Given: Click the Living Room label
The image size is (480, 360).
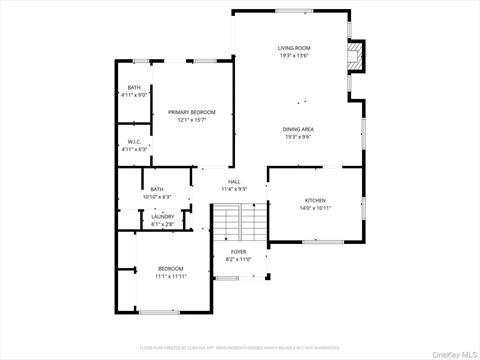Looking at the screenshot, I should point(294,48).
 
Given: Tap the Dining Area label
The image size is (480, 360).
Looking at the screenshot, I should point(299,129).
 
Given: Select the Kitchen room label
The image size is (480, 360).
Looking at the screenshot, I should point(315,201).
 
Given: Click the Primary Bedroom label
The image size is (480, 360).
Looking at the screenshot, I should point(192,112).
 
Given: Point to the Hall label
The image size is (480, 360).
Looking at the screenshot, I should point(234,181).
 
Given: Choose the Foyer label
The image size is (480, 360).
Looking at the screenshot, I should point(238,251).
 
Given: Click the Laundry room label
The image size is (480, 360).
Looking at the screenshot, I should point(162,216).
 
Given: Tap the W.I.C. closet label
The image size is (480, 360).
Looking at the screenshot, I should point(134,142).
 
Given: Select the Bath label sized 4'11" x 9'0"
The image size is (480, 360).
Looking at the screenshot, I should point(134,88).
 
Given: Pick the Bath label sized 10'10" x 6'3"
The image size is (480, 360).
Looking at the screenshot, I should point(157,189).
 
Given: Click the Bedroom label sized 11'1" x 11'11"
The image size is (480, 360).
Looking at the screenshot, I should point(170,268).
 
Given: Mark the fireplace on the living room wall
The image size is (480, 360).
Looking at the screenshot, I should point(353,56).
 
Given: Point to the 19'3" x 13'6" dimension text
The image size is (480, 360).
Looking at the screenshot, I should point(294,56).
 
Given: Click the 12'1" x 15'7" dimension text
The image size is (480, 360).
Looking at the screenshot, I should point(192,120).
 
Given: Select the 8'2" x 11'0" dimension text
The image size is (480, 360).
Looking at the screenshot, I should point(238,259).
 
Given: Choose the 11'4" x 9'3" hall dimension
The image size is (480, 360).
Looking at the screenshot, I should point(234,189).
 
